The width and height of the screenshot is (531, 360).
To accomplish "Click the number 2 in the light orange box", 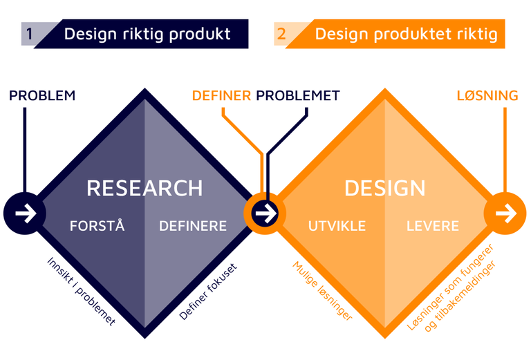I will (x=281, y=34).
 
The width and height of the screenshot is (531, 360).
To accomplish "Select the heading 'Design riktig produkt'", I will (x=147, y=34).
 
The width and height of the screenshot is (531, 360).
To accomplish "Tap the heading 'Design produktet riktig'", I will (x=406, y=34).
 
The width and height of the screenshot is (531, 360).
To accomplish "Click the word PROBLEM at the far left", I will (x=42, y=95).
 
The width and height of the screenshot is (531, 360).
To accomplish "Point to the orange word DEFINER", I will (x=221, y=95).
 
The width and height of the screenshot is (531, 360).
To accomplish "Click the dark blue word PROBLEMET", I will (x=298, y=95).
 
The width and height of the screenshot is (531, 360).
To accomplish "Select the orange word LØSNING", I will (x=487, y=95).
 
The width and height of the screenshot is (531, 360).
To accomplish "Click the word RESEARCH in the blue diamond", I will (x=145, y=188).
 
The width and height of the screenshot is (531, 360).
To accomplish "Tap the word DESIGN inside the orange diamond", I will (x=385, y=188).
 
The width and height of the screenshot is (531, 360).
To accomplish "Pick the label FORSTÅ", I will (x=97, y=226).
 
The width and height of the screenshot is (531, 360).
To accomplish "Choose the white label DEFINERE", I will (x=193, y=226).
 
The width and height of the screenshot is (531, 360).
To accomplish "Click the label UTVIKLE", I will (x=337, y=226).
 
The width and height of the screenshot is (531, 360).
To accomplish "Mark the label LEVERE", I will (x=433, y=226).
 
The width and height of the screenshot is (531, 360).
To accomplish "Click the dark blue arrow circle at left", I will (x=25, y=214).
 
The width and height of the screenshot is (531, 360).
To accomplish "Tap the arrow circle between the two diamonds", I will (x=265, y=214).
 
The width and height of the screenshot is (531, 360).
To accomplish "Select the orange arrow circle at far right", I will (x=505, y=214).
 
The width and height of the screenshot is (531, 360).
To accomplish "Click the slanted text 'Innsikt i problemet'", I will (x=81, y=291).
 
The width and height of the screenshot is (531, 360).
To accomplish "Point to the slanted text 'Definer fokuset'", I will (x=208, y=291).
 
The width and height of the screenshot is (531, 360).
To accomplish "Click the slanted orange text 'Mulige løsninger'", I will (x=322, y=291).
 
